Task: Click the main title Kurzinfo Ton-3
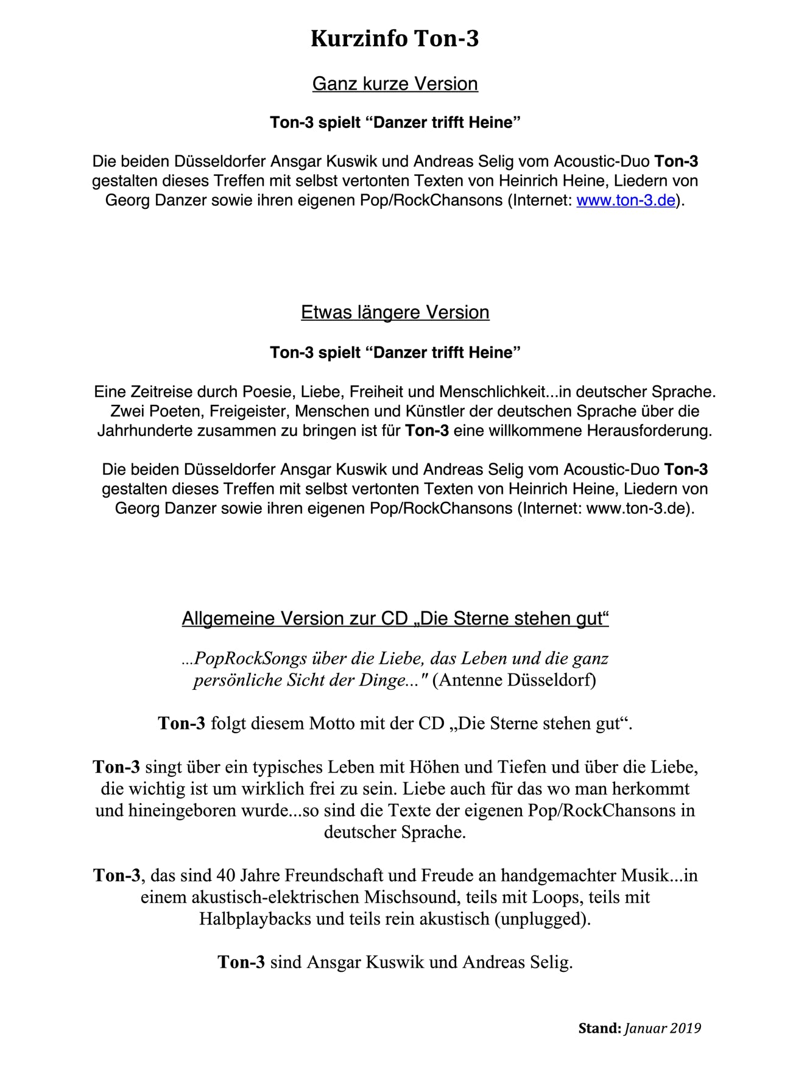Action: pos(395,38)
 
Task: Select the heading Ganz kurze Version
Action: pos(395,83)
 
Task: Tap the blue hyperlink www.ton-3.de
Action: pos(626,200)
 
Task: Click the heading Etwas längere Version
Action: pos(395,312)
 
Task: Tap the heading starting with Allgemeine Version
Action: pos(395,619)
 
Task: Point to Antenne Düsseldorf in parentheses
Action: pos(514,680)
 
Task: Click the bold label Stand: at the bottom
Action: pos(599,1028)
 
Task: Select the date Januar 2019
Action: pos(663,1028)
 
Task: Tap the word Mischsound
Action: pos(412,898)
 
